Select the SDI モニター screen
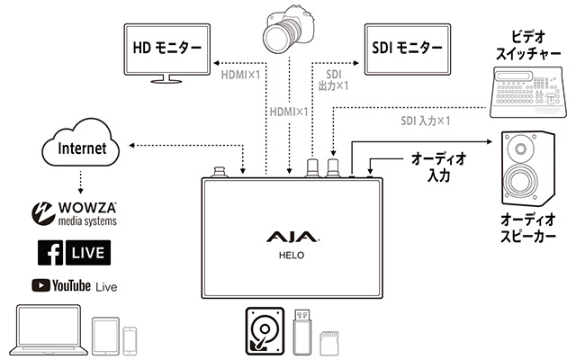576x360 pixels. (x=404, y=48)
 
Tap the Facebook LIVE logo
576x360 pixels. (x=74, y=253)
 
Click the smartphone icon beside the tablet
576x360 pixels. (x=130, y=339)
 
